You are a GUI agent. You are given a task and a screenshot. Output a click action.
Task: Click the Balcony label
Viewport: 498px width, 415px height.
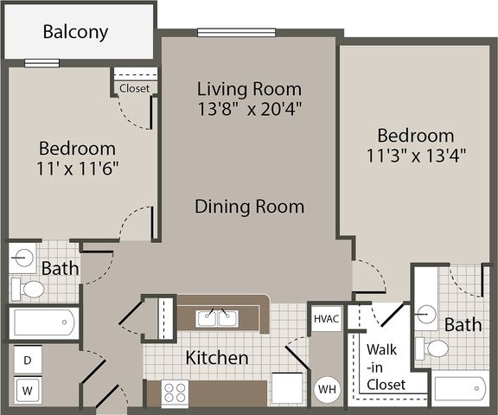point(75,32)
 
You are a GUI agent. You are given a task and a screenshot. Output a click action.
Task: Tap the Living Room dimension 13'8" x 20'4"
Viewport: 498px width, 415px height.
point(249,109)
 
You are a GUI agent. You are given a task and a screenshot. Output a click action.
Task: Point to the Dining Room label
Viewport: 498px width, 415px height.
point(249,207)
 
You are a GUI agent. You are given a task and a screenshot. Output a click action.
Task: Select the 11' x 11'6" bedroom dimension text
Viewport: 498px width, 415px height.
point(78,168)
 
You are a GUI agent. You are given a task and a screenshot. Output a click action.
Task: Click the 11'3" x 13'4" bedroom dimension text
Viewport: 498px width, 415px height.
point(416,156)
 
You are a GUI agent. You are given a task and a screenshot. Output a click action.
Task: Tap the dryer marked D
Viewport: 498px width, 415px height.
point(28,360)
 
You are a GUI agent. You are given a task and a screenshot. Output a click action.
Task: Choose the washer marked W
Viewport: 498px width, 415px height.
point(28,390)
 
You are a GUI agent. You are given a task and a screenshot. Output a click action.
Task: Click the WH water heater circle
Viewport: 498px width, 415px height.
point(327,389)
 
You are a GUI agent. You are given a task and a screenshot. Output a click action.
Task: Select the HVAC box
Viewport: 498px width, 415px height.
point(327,319)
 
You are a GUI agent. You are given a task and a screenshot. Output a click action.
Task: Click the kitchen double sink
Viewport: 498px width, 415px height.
point(217,318)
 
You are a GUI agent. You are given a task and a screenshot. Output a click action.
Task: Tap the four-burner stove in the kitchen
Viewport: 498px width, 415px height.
point(175,393)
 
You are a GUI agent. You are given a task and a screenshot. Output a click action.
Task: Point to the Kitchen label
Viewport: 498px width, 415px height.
point(217,358)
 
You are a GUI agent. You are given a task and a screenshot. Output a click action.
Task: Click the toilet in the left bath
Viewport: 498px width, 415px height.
point(28,290)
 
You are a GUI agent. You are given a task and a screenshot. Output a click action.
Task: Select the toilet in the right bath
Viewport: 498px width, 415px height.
point(432,348)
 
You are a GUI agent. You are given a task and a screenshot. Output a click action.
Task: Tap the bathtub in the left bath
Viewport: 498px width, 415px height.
point(44,322)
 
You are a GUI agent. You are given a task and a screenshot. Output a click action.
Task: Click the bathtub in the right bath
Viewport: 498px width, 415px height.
point(460,388)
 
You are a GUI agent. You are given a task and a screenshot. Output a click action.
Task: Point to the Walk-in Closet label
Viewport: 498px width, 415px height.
point(386,367)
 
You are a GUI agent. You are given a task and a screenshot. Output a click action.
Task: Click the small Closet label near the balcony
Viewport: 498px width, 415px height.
point(134,88)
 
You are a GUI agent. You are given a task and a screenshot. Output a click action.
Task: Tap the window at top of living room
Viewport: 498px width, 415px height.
point(236,32)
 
